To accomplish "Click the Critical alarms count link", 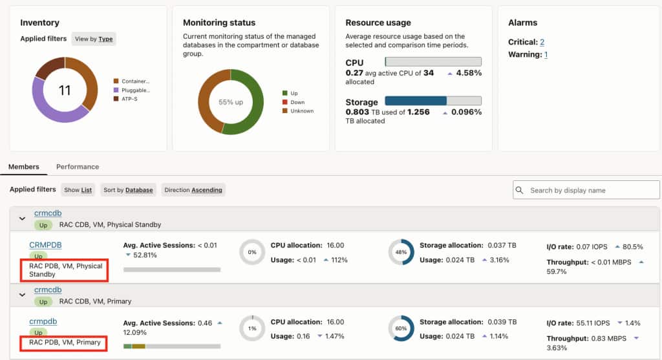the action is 542,42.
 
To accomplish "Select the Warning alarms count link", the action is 546,54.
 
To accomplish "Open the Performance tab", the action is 78,167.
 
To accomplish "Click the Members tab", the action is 24,167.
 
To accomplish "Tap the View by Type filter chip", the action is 94,39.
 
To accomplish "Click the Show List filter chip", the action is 78,190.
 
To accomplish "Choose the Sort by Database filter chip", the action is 129,190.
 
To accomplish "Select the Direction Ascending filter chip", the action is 193,190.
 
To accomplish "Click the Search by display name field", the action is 586,190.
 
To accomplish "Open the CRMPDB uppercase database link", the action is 46,245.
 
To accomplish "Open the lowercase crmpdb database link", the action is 43,321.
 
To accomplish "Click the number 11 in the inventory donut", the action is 65,90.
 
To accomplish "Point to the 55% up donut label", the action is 231,102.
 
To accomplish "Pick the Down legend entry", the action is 294,102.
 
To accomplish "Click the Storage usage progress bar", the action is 433,100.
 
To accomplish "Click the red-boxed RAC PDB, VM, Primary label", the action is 65,343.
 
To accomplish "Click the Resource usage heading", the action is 378,23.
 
